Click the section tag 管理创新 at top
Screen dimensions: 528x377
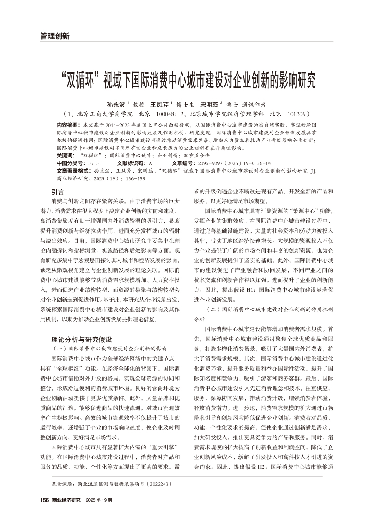click(x=54, y=36)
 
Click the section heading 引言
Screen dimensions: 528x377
click(x=58, y=192)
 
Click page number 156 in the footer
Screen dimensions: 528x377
click(x=44, y=500)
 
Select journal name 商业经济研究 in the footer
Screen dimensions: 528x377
click(x=66, y=500)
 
